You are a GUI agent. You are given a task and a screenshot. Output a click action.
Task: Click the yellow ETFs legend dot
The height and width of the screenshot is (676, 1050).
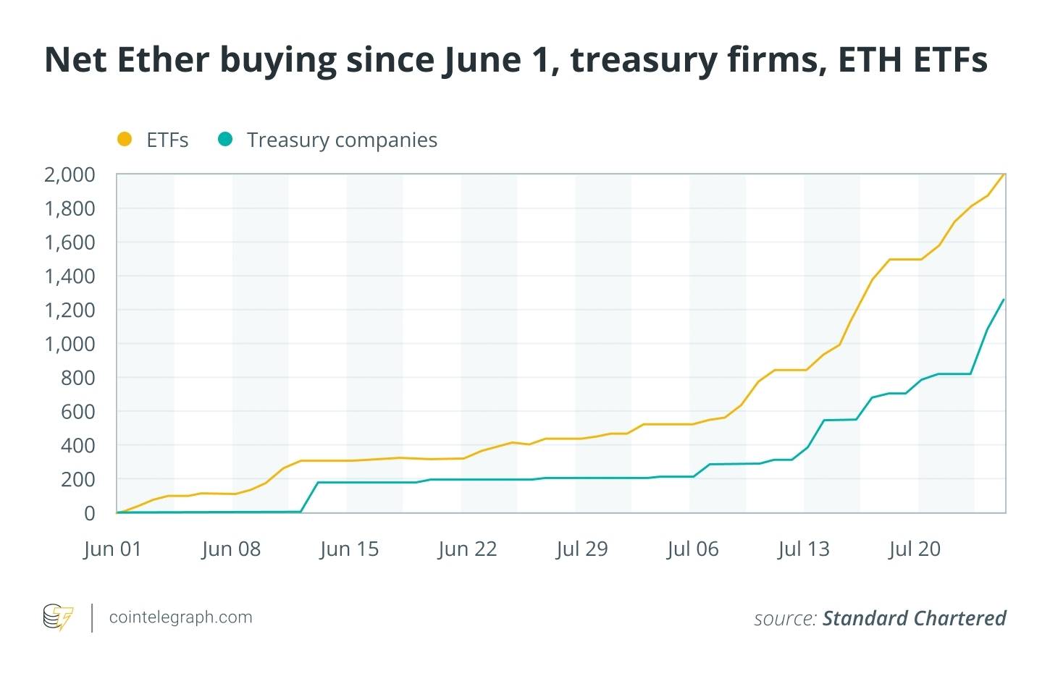(125, 140)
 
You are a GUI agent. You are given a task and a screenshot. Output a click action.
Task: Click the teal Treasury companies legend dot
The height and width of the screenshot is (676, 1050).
(225, 140)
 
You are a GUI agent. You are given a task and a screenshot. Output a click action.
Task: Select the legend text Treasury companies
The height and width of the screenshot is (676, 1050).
(342, 140)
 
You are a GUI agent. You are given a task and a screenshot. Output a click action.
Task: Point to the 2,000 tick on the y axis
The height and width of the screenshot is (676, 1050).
(70, 174)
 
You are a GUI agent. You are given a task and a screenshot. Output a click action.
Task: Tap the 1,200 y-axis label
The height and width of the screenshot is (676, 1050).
(70, 310)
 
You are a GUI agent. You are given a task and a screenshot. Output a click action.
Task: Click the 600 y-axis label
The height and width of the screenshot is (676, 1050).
(77, 412)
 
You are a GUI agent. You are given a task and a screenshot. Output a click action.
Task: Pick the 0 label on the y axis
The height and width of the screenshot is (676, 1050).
(89, 513)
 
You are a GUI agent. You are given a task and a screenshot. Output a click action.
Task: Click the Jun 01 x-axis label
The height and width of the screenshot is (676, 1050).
(112, 549)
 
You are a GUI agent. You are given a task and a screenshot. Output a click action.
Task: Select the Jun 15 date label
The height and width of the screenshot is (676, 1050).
(349, 549)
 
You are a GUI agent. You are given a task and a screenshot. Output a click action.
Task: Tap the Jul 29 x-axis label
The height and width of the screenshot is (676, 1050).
(582, 549)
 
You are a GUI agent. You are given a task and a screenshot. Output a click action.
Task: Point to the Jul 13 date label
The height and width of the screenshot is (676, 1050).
(804, 549)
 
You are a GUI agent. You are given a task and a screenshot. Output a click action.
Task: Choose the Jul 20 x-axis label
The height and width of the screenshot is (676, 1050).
(915, 549)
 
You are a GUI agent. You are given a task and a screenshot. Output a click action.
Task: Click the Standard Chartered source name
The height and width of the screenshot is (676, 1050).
(914, 618)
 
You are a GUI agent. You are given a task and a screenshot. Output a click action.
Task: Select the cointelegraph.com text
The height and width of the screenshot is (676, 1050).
(180, 617)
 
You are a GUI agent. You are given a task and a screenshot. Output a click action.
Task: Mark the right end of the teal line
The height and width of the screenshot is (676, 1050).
(1004, 299)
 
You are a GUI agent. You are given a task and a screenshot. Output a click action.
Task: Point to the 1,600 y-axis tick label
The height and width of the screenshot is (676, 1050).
(70, 242)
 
